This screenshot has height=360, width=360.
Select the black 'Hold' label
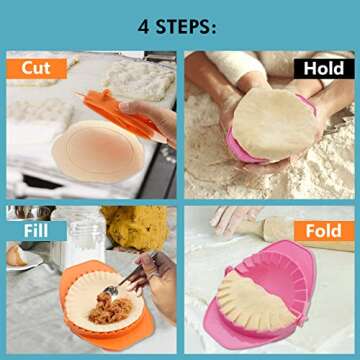[323, 68]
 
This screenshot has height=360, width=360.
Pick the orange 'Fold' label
[324, 231]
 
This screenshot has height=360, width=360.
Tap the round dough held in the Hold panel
[272, 122]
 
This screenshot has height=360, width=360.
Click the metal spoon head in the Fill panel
[112, 291]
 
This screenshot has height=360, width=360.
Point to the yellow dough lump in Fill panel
[139, 228]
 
